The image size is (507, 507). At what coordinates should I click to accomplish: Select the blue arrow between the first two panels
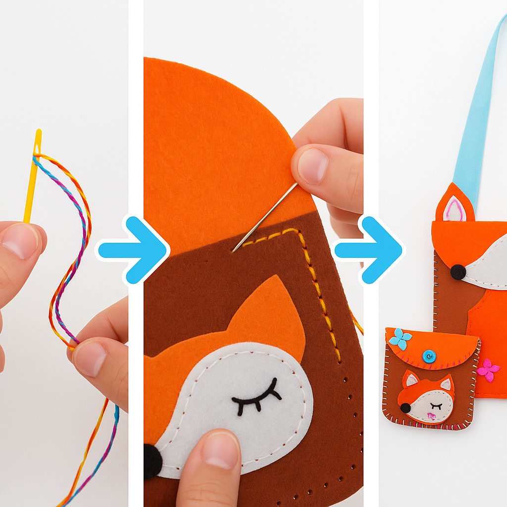point(132,250)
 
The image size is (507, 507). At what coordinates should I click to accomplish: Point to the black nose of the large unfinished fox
point(152,460)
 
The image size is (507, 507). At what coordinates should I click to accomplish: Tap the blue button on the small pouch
point(429,356)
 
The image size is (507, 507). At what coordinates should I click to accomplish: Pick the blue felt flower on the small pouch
point(400,339)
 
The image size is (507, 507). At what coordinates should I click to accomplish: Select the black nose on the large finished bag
point(458,272)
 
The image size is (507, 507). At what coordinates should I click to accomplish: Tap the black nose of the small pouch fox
point(406,408)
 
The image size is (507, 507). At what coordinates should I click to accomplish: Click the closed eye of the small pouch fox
point(436,405)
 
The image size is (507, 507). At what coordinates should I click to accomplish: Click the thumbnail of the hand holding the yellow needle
point(20,241)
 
